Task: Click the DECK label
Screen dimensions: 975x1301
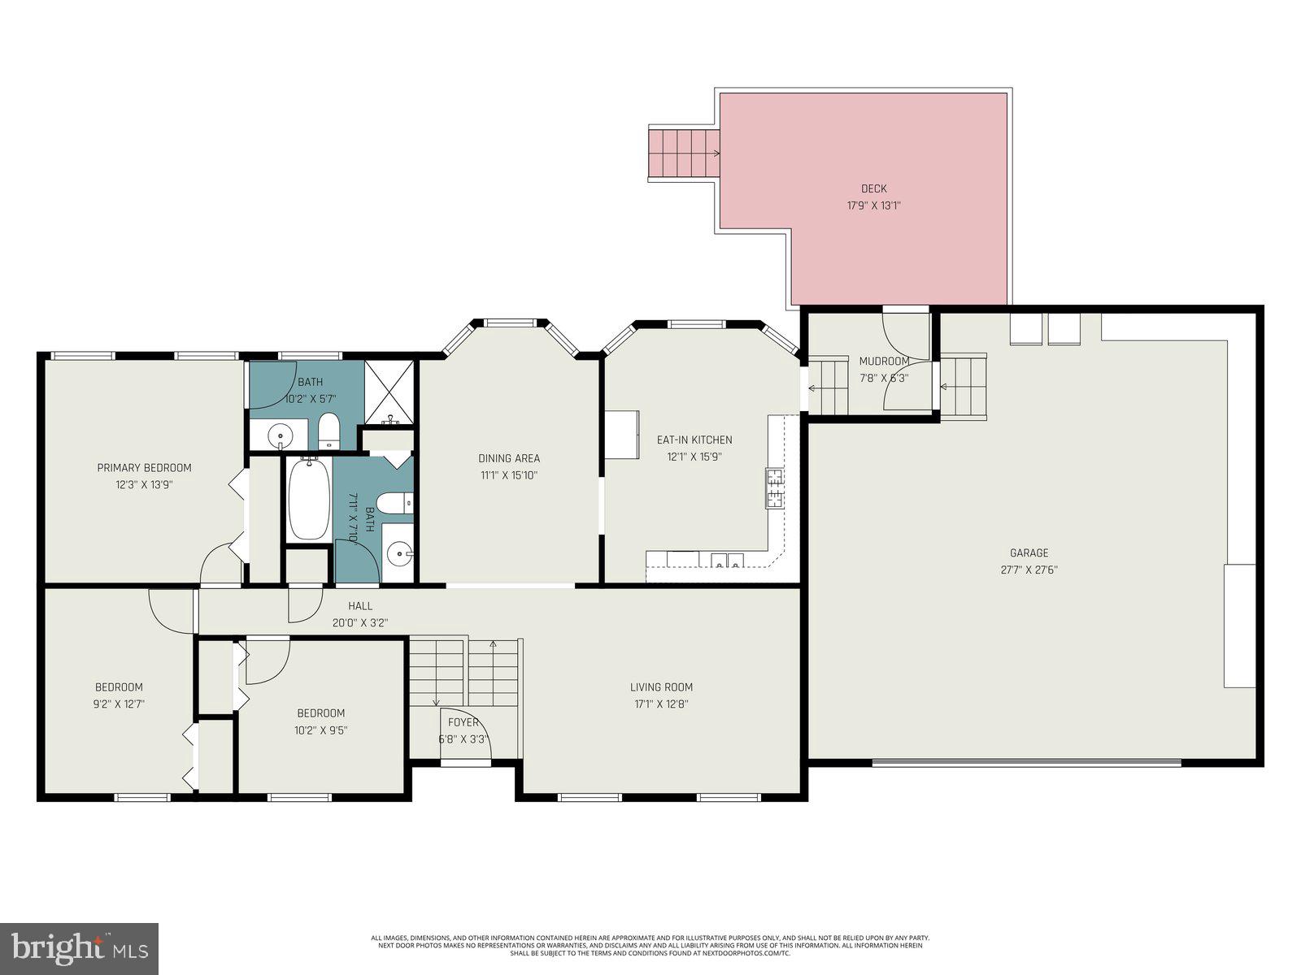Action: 873,188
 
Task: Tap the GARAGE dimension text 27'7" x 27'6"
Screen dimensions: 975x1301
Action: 1029,570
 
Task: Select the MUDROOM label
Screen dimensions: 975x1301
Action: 884,361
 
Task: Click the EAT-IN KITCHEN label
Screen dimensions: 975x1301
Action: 694,440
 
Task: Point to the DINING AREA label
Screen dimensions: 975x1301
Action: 509,458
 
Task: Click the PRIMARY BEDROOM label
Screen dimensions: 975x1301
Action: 144,467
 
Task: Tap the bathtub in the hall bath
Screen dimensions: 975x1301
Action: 309,500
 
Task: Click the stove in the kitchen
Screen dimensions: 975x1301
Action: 774,488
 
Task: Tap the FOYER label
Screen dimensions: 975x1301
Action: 463,722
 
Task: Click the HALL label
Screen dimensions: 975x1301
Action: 360,605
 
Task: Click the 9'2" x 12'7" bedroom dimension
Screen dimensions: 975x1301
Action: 119,704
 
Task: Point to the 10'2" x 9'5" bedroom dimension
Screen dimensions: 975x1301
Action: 320,730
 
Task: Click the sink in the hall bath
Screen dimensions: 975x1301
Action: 398,555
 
